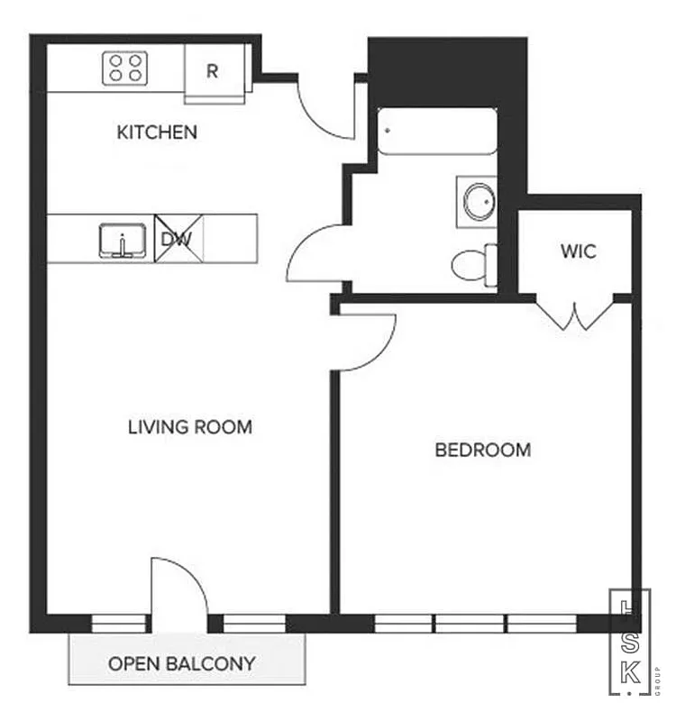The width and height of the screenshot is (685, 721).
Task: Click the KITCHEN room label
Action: [x=157, y=132]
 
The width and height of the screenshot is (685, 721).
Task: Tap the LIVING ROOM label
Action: [x=190, y=426]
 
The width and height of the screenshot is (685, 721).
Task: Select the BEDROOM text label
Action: [x=482, y=450]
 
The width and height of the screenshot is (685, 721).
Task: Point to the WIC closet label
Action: [x=578, y=251]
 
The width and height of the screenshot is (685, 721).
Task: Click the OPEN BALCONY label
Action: [x=181, y=664]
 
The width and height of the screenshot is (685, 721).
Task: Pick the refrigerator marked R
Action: [x=213, y=71]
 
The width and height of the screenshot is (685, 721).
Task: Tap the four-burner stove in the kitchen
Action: [x=125, y=68]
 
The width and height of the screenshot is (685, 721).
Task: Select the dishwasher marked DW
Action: [x=178, y=239]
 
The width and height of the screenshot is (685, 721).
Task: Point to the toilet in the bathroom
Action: [x=471, y=265]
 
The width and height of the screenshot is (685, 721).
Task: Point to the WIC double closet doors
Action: [x=574, y=313]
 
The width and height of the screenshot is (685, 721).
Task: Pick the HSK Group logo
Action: [x=630, y=642]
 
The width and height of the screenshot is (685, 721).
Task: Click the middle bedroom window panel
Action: [x=470, y=622]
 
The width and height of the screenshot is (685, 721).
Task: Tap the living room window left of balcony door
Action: [x=118, y=622]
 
